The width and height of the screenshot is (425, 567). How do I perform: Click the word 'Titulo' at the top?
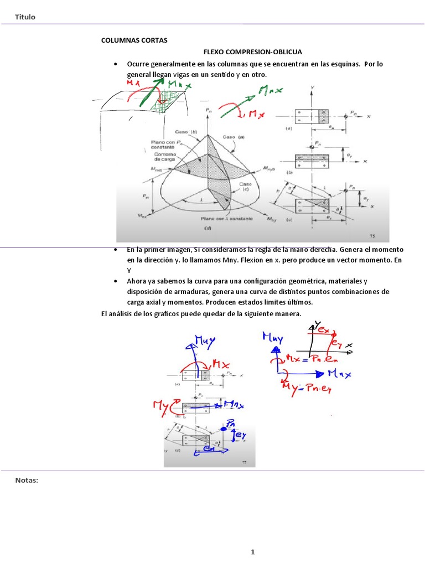click(25, 17)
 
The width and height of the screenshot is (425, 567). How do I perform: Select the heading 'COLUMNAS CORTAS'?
click(133, 40)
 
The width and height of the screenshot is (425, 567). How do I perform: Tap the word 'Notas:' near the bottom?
click(27, 480)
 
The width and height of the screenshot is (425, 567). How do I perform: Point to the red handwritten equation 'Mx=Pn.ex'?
click(312, 358)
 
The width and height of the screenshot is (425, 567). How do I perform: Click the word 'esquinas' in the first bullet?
click(326, 64)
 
